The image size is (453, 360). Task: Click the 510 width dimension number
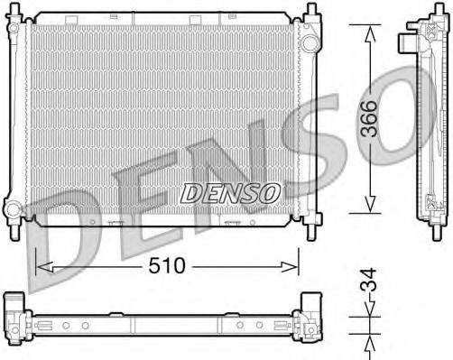pos(170,266)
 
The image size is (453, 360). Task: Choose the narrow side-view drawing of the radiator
pos(425,117)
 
